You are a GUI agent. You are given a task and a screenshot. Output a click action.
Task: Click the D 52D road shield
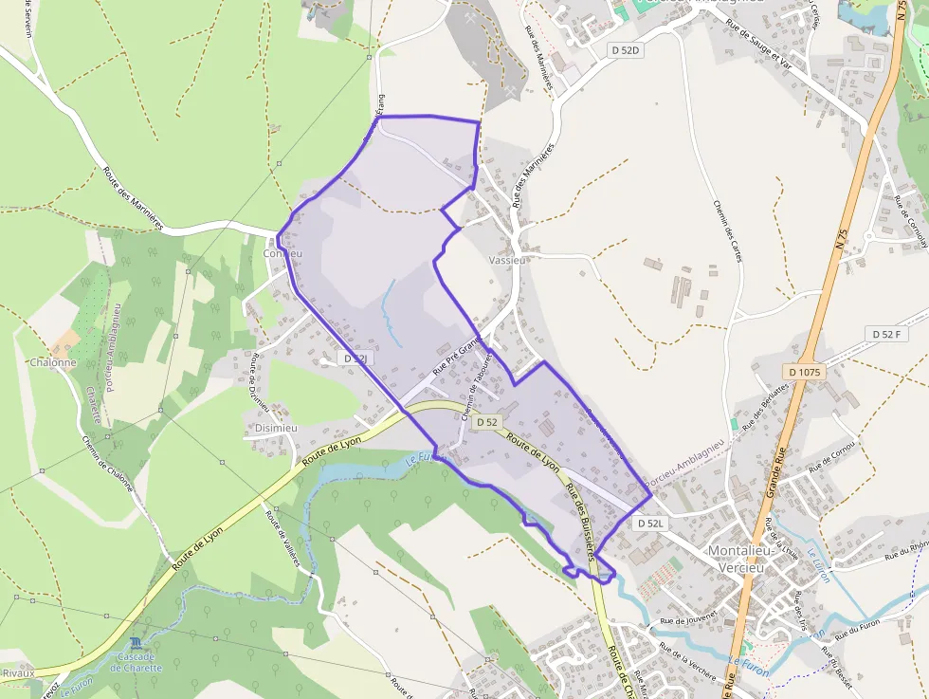[625, 49]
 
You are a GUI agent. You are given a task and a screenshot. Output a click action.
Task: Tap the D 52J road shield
[355, 359]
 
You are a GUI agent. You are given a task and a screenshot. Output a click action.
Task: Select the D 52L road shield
[651, 523]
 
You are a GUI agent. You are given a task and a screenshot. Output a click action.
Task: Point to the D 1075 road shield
[802, 372]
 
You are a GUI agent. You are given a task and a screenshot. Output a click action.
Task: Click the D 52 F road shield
[886, 334]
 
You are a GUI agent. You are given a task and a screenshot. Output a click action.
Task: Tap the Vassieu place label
[507, 258]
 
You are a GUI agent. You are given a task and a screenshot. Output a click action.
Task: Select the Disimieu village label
[276, 428]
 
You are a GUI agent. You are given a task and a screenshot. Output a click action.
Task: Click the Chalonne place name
[52, 362]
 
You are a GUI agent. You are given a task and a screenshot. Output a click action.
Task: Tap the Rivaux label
[18, 672]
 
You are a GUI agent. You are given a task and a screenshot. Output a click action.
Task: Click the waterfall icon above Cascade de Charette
[135, 643]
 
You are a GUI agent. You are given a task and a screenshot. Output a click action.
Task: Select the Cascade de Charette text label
[135, 662]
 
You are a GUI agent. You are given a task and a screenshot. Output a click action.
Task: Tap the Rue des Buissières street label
[579, 517]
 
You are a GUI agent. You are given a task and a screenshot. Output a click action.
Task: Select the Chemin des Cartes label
[725, 232]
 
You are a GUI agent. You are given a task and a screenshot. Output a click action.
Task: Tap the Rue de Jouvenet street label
[685, 624]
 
